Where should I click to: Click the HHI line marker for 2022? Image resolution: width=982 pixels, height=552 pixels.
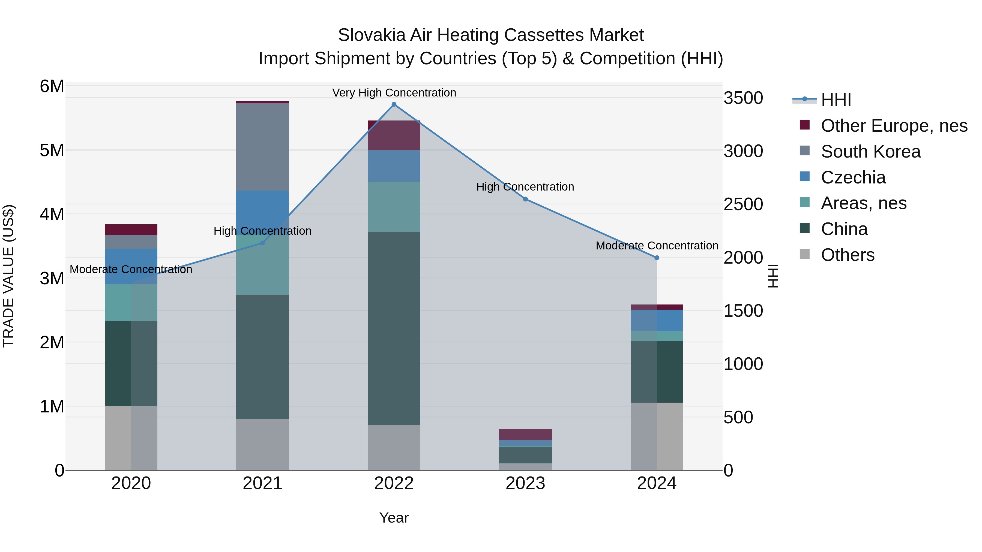click(394, 104)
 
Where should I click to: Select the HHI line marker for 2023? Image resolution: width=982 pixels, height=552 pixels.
click(525, 199)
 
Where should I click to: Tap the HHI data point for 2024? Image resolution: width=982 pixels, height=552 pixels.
click(657, 258)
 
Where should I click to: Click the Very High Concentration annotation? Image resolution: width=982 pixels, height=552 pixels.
click(394, 93)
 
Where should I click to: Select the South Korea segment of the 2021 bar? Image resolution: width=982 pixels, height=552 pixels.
click(262, 147)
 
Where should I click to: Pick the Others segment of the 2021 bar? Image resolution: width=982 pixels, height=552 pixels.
click(262, 445)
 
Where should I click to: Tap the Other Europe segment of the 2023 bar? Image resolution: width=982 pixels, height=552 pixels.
click(525, 434)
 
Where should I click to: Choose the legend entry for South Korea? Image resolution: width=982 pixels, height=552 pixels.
click(871, 152)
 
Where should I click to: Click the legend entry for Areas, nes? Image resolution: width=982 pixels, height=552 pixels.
click(863, 203)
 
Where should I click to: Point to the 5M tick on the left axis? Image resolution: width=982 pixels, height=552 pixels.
click(52, 150)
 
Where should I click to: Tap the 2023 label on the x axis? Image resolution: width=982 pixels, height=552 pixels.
click(525, 483)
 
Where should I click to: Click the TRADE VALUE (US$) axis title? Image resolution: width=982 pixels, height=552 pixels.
click(8, 276)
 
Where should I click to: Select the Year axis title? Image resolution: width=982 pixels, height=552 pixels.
click(394, 518)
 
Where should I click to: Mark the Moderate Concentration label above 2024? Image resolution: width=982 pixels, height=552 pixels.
click(657, 246)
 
